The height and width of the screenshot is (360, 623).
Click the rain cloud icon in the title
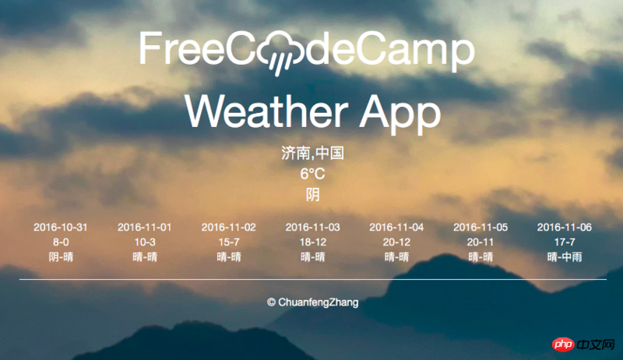click(280, 51)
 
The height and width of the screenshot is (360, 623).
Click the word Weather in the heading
click(266, 111)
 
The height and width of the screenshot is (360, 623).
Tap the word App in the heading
click(400, 115)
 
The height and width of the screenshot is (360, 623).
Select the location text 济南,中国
click(312, 153)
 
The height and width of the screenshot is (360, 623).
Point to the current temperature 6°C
click(312, 174)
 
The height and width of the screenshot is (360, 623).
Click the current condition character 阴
click(313, 194)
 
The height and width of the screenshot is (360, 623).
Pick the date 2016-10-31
click(61, 228)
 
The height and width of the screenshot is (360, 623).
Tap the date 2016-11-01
click(145, 228)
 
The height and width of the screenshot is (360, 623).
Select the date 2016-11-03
click(313, 228)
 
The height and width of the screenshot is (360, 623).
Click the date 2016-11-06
click(565, 228)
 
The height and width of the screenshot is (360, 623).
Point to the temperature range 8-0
click(61, 242)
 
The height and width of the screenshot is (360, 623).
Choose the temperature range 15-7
click(229, 242)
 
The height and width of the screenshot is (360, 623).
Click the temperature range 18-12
click(313, 242)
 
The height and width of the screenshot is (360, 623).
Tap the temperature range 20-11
click(480, 242)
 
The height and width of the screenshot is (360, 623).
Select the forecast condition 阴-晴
click(61, 256)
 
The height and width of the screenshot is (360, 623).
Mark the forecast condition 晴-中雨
click(565, 256)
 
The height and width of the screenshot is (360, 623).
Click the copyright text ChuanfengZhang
click(319, 302)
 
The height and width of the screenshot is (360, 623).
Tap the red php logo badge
click(563, 344)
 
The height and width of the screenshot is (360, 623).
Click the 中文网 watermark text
click(597, 344)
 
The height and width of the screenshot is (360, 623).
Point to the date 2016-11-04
click(396, 228)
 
